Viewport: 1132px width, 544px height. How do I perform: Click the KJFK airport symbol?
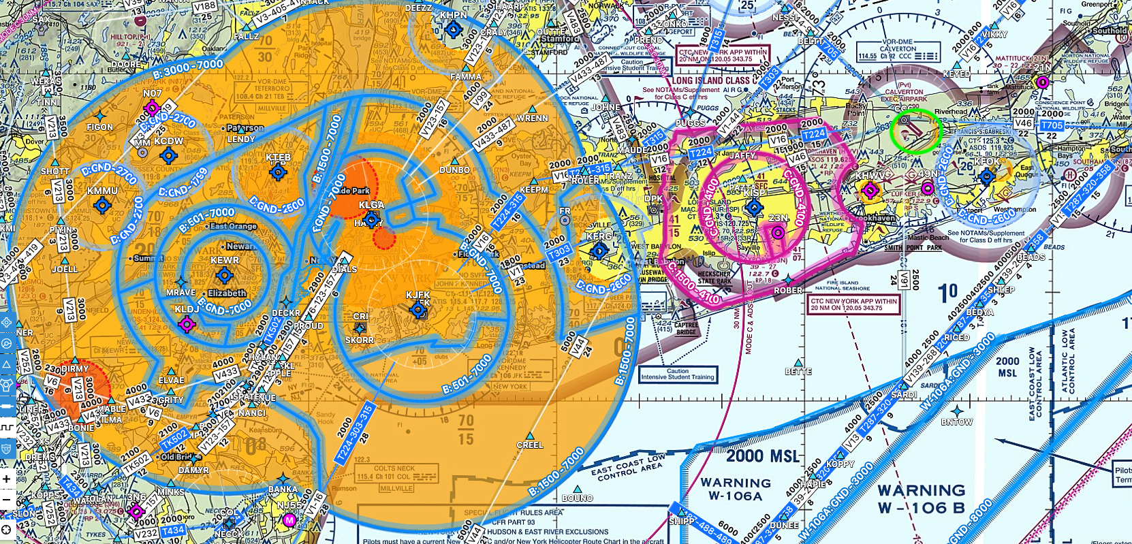click(x=418, y=310)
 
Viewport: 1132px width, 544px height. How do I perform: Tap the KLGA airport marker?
click(x=372, y=219)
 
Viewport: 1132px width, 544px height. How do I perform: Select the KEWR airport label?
click(x=225, y=260)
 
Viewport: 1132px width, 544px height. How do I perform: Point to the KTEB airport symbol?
click(x=278, y=172)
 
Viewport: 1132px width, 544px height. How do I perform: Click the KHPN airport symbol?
click(x=453, y=29)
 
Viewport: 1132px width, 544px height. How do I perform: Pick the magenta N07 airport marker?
click(x=152, y=108)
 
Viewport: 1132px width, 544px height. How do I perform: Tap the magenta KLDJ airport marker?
click(x=187, y=324)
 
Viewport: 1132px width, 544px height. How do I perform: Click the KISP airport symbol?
click(x=754, y=208)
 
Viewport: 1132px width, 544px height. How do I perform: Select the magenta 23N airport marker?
click(x=777, y=233)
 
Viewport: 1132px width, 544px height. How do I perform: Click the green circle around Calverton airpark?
click(x=915, y=131)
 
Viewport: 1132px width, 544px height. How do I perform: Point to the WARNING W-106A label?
click(x=736, y=489)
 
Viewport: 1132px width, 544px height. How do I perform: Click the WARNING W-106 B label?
click(x=921, y=498)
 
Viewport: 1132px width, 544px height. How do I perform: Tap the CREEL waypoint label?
click(x=530, y=445)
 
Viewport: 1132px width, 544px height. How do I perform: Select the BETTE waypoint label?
click(x=798, y=371)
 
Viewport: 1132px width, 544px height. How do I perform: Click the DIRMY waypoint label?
click(x=75, y=368)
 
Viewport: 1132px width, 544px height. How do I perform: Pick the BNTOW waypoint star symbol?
click(x=957, y=411)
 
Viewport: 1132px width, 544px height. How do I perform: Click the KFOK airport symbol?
click(x=987, y=178)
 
